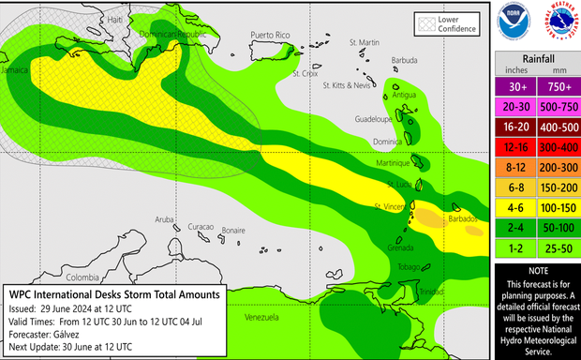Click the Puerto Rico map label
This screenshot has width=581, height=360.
[272, 35]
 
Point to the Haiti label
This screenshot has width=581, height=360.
[89, 20]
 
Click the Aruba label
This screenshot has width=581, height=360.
[165, 220]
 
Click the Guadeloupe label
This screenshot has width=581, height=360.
[375, 119]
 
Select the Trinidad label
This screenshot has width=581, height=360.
[432, 292]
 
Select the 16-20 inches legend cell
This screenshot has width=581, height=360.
[514, 127]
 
